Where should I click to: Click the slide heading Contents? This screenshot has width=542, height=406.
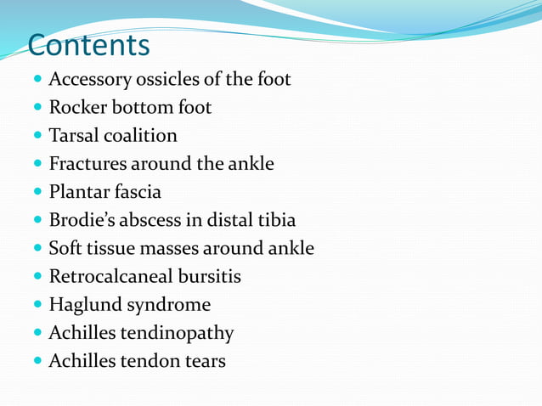point(88,44)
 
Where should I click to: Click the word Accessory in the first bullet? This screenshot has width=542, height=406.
point(88,80)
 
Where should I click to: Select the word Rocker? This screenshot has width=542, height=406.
point(77,108)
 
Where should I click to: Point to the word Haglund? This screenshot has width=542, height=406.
point(83,304)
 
